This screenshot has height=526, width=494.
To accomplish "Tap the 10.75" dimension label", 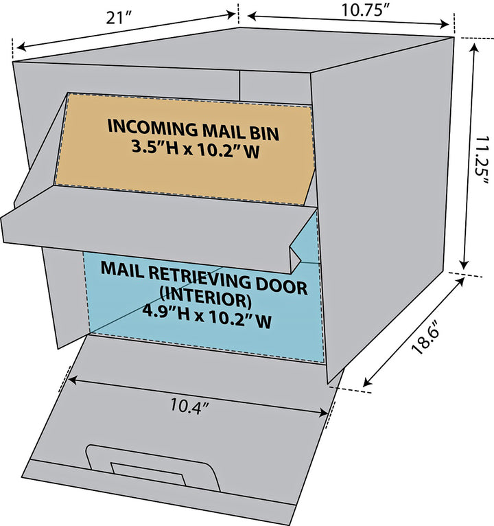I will click(x=366, y=10).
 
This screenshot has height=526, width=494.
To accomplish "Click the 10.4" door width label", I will click(x=189, y=404).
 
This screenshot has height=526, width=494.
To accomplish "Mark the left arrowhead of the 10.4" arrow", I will click(x=71, y=378).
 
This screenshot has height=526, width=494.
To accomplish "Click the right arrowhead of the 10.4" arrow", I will click(x=325, y=412).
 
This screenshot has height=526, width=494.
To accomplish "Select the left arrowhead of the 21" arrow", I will click(x=19, y=48).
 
